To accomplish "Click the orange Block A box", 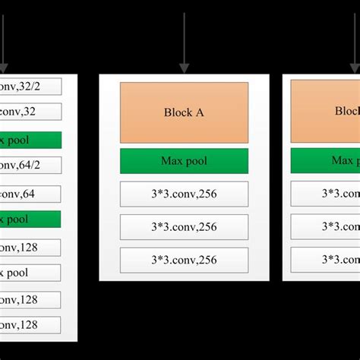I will pyautogui.click(x=184, y=112).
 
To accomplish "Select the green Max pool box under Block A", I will pyautogui.click(x=184, y=161).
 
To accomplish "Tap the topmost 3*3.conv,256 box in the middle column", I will pyautogui.click(x=184, y=194).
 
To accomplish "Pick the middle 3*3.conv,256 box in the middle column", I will pyautogui.click(x=184, y=226).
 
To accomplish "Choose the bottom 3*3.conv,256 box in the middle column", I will pyautogui.click(x=184, y=260).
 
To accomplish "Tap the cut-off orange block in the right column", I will pyautogui.click(x=325, y=112).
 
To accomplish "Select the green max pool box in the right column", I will pyautogui.click(x=325, y=161).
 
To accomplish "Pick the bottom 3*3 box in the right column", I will pyautogui.click(x=325, y=260).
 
